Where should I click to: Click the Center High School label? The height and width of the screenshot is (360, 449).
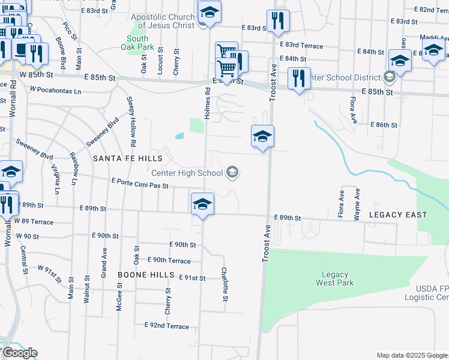[187, 173]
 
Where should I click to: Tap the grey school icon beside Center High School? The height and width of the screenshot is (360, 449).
[232, 173]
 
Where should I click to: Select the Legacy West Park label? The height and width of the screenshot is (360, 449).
[334, 278]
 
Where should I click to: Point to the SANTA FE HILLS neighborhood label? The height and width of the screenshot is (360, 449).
[128, 158]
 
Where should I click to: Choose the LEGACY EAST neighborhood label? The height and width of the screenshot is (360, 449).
[398, 215]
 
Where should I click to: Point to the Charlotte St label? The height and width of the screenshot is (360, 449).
[224, 284]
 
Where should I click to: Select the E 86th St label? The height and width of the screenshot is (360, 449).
[384, 125]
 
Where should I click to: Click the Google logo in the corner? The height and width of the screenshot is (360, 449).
[19, 353]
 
